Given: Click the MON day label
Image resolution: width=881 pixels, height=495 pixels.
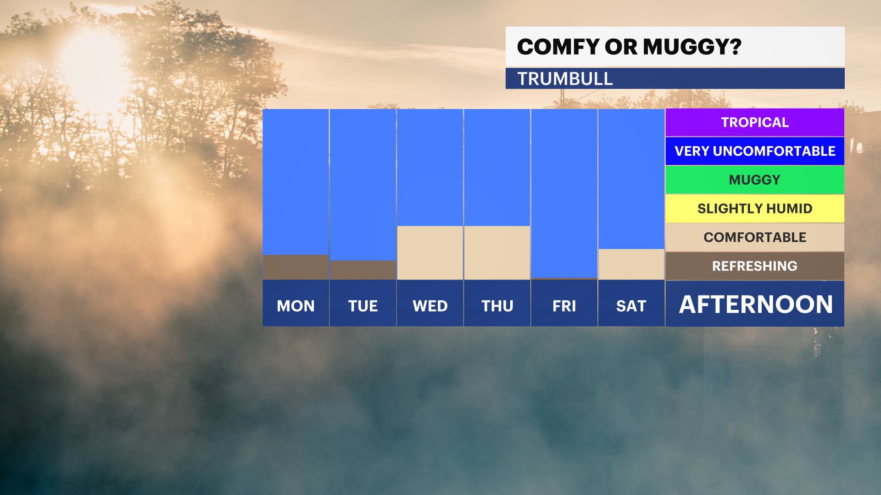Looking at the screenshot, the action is pos(296,306).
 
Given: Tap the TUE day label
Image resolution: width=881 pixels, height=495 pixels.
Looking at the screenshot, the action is pos(363,306).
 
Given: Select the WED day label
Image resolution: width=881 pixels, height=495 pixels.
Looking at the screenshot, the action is pos(430,306).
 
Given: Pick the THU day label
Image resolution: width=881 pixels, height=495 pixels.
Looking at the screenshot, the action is pos(497,306).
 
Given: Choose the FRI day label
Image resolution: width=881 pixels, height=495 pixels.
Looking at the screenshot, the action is pos(564,306).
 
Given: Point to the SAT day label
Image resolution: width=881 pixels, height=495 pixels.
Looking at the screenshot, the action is pos(631,306).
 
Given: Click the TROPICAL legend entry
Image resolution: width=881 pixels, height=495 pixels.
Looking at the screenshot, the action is pos(755,122).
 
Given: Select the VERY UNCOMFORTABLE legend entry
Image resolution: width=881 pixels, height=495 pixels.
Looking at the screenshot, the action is pos(755,151).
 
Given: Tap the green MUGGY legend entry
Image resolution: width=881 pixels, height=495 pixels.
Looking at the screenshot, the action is pos(755,180).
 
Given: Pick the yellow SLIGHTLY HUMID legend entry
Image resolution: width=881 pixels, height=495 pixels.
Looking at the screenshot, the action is pos(755,209).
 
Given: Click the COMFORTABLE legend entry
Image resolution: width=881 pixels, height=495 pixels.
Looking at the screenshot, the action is pos(755,237).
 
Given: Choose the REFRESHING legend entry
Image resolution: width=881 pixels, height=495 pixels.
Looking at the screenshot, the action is pos(755,266).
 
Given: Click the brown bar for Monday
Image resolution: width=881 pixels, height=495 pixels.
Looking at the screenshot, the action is pos(296,267).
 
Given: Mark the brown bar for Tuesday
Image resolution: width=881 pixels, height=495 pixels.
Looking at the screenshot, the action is pos(363,270).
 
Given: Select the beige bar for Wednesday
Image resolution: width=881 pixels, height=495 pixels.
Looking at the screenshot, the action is pos(430,253).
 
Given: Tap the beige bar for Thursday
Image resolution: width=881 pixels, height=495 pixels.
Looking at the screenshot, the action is pos(497,253).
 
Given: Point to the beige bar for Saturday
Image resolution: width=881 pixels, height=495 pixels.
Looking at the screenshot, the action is pos(631,264).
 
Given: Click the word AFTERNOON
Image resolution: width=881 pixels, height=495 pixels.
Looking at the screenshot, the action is pos(756,304).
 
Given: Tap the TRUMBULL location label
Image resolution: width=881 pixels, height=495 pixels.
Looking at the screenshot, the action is pos(565,79).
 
